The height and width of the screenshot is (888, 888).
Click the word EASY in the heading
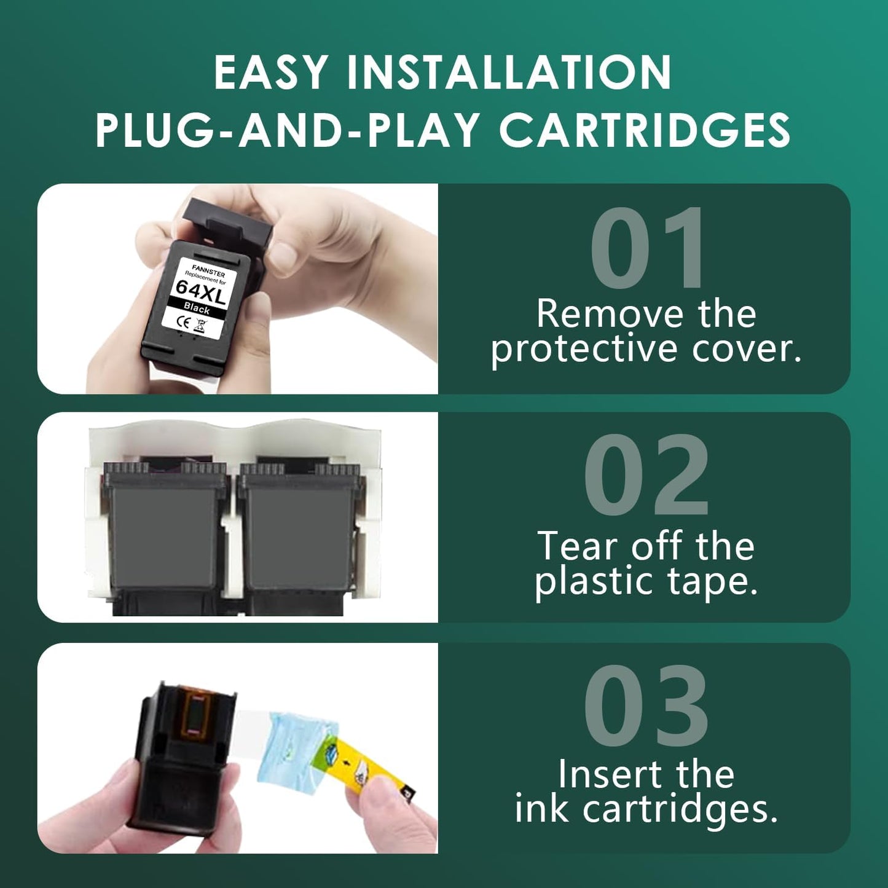point(270,73)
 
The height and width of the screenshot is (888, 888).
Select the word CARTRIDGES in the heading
point(645,130)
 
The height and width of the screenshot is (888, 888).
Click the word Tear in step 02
point(577,546)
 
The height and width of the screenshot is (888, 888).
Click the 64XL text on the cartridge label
point(201,292)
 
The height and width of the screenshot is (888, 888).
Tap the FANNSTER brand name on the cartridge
point(208,270)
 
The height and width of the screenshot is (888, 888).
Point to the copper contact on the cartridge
point(195,713)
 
